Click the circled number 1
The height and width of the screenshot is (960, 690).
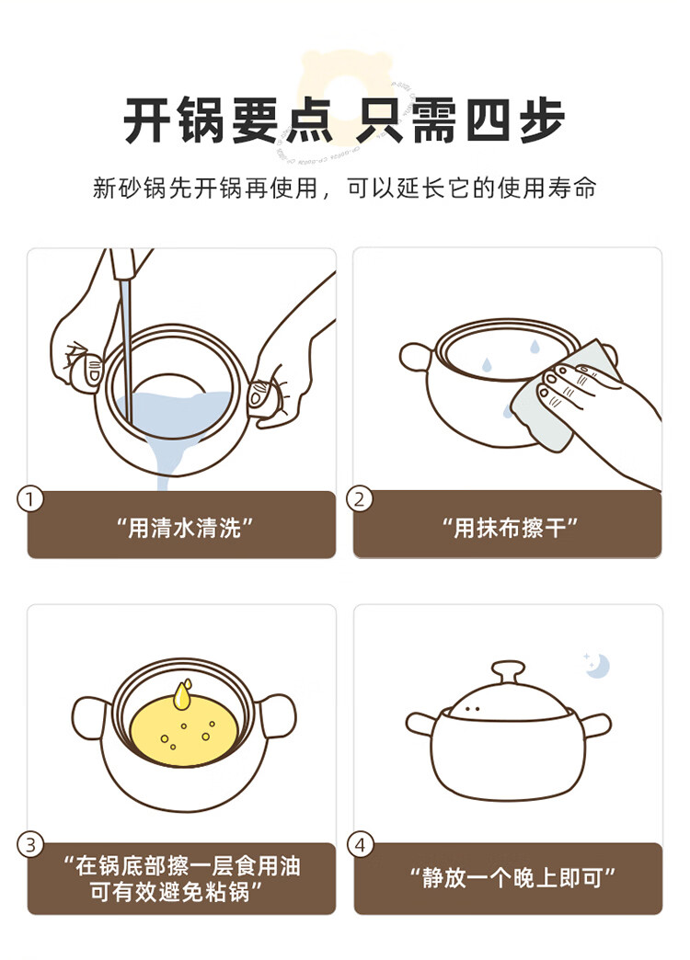tap(29, 499)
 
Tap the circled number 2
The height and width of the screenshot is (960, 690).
tap(360, 499)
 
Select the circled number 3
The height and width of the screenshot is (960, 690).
tap(30, 845)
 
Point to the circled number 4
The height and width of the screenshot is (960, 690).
tap(361, 845)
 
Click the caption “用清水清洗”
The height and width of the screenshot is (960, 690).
tap(184, 527)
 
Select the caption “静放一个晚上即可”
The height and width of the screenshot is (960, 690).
tap(512, 878)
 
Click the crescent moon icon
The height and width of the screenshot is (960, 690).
tap(598, 666)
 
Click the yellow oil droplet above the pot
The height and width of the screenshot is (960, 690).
tap(182, 694)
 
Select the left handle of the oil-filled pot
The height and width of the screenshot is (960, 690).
tap(91, 718)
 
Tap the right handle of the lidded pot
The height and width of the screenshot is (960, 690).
tap(593, 726)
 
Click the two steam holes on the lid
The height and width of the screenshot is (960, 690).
tap(472, 709)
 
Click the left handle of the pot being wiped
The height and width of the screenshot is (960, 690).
tap(416, 357)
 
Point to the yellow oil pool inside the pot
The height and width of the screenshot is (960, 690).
tap(183, 732)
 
